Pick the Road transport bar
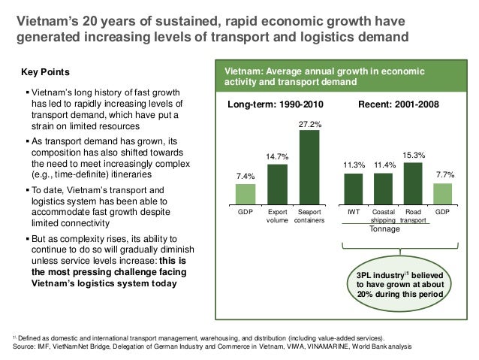point(413,183)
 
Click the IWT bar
point(353,189)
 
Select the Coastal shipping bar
point(384,189)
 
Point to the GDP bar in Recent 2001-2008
point(443,194)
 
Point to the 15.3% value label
point(414,155)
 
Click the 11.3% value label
point(354,165)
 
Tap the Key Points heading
point(47,72)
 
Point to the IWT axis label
point(353,213)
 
